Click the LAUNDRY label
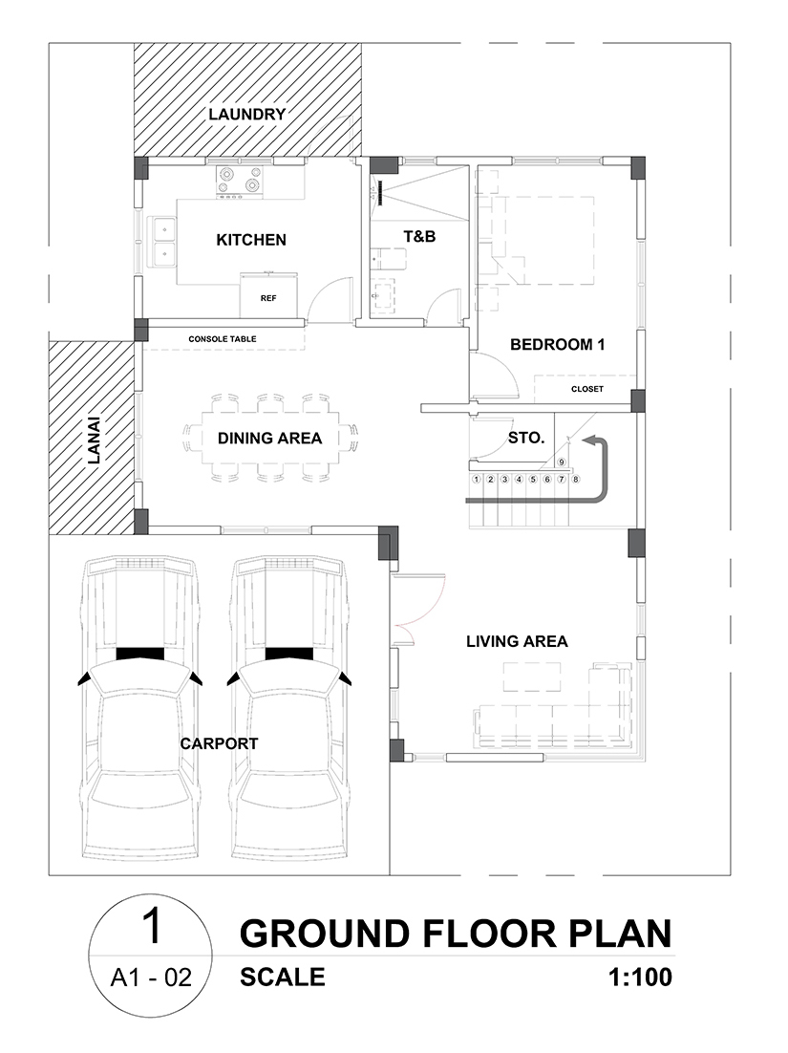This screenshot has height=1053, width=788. click(247, 114)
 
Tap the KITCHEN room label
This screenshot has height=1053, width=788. click(251, 240)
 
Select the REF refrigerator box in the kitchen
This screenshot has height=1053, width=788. click(268, 295)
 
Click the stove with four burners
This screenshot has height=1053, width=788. click(239, 183)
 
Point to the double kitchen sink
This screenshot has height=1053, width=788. click(163, 242)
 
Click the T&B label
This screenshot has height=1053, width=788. click(419, 236)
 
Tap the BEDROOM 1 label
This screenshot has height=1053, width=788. click(557, 345)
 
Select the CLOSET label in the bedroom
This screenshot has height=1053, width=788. click(587, 389)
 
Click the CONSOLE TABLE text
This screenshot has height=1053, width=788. click(223, 339)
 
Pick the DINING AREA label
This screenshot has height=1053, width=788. click(269, 439)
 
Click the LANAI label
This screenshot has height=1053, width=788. click(94, 441)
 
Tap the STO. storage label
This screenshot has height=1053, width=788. click(525, 439)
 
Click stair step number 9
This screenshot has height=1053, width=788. click(562, 462)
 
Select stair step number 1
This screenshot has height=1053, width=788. click(477, 480)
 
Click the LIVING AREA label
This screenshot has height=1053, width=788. click(517, 642)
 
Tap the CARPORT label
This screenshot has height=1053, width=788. click(219, 743)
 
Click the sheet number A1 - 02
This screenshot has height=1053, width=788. click(151, 978)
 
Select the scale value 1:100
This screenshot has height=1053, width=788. click(640, 978)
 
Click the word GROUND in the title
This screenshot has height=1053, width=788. click(324, 935)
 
